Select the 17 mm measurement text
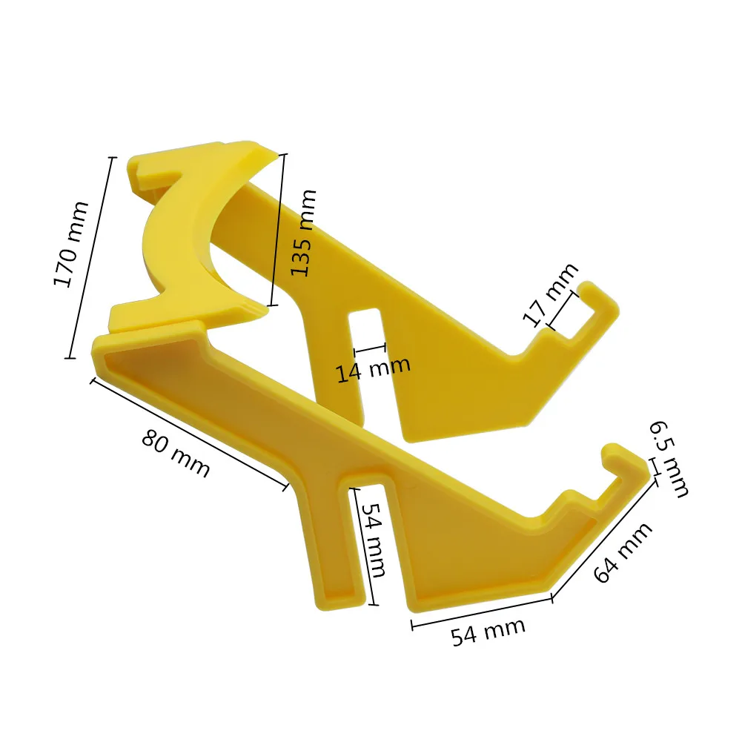[550, 294]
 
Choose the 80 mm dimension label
[176, 454]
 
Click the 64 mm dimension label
[623, 552]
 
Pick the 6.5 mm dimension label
[669, 458]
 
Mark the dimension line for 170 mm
[91, 258]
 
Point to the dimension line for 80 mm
[189, 434]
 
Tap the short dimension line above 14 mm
[371, 348]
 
